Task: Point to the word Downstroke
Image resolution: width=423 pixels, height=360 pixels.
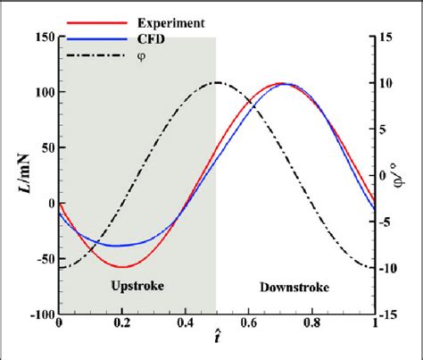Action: coord(294,288)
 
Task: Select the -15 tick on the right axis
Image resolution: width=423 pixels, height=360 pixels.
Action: coord(391,314)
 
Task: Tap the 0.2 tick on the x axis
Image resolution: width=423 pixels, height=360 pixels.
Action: coord(122,325)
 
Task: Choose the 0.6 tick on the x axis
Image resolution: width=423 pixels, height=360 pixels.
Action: coord(248,325)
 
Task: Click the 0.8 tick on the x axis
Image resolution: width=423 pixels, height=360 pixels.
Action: coord(311,325)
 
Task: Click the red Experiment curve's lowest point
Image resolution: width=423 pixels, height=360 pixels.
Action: coord(123,266)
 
